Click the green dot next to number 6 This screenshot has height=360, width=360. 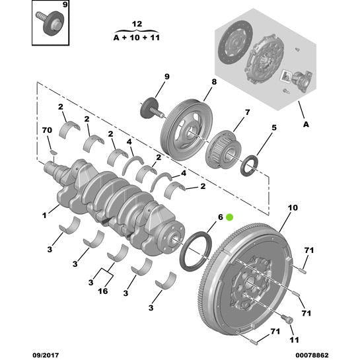[230, 217]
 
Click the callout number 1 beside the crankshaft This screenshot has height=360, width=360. [45, 215]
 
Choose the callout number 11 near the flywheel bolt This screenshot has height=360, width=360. [293, 342]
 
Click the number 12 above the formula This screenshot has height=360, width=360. [137, 23]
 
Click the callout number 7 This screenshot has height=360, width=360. [247, 112]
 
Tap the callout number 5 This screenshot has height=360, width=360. [273, 127]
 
